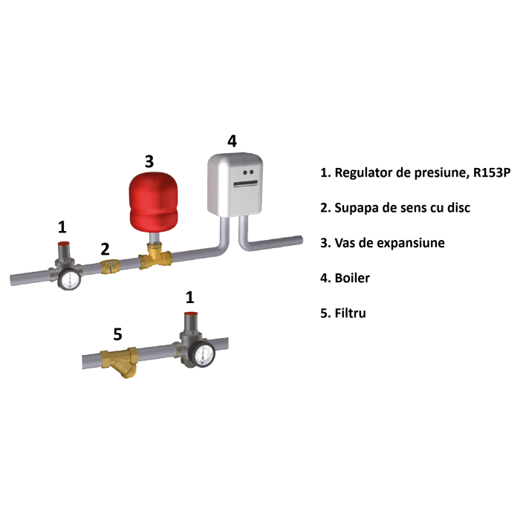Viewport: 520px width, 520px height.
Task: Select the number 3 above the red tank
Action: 149,161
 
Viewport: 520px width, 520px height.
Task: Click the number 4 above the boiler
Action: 232,140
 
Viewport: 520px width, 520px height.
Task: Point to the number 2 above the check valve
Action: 105,248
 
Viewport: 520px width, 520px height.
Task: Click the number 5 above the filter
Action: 117,335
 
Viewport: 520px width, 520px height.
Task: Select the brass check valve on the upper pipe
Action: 110,267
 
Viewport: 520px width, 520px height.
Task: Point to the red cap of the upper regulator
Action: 65,246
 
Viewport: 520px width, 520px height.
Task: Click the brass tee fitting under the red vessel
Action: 155,258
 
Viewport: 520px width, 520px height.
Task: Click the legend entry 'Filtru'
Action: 342,313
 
